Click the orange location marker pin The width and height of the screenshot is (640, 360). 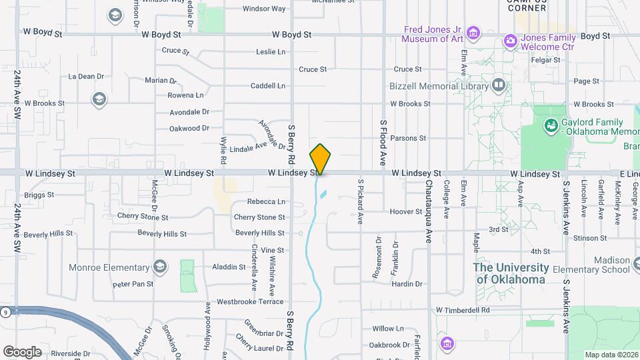tap(320, 159)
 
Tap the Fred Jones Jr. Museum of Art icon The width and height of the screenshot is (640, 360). tap(473, 33)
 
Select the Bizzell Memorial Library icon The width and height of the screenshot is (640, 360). tap(498, 85)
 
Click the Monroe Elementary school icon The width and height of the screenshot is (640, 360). tap(159, 267)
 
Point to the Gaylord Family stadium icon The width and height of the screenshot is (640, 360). tap(551, 125)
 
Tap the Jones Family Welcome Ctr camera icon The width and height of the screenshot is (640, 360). tap(511, 41)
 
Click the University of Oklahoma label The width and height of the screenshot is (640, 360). tap(511, 273)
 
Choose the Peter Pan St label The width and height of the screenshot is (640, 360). tap(133, 284)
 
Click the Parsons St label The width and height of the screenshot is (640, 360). tap(408, 139)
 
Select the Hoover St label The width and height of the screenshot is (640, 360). tap(406, 212)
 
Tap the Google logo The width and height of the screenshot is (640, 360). tap(22, 352)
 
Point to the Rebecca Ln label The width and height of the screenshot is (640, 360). tap(266, 201)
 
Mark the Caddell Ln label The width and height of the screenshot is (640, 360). tap(267, 86)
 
